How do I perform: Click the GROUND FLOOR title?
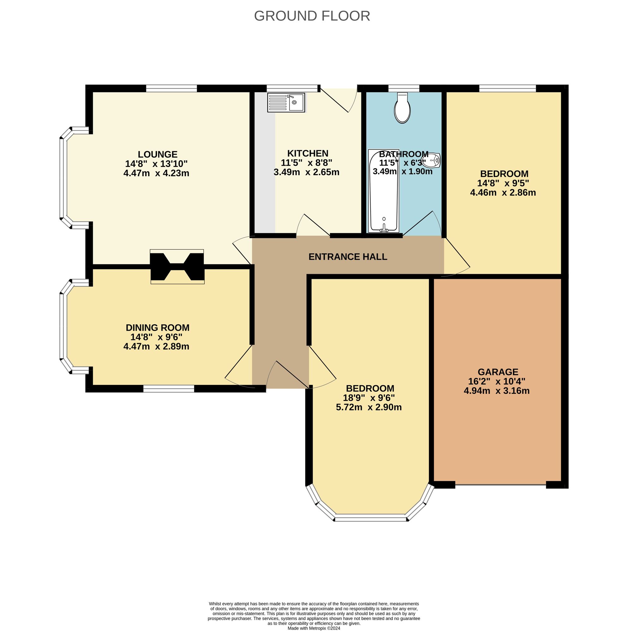[312, 16]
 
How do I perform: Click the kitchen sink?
[286, 103]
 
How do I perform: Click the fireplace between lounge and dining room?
[177, 267]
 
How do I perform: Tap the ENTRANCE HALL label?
[348, 257]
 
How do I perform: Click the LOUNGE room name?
[157, 154]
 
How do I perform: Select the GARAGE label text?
[498, 372]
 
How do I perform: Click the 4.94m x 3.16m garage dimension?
[497, 391]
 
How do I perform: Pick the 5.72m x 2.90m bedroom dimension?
[369, 407]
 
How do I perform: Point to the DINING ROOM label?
[157, 327]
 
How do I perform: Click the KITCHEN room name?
[307, 153]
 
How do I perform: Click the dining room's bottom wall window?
[168, 388]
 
